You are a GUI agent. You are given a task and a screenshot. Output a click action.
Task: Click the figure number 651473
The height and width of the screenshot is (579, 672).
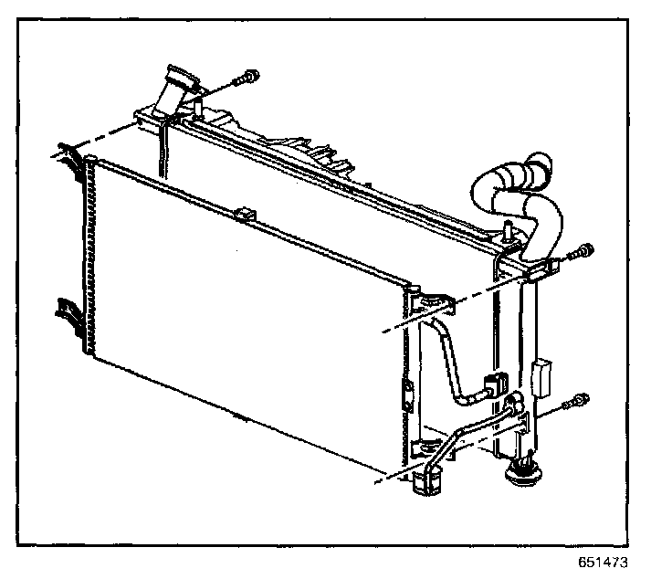click(603, 563)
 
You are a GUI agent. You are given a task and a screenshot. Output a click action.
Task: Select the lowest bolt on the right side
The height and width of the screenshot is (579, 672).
click(577, 401)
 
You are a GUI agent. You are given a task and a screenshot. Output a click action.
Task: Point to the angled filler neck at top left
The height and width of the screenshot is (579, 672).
click(174, 90)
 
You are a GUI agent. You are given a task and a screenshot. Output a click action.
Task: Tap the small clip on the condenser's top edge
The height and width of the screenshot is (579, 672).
click(244, 216)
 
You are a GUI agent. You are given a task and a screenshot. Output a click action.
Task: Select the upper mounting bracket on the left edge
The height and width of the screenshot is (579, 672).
click(66, 155)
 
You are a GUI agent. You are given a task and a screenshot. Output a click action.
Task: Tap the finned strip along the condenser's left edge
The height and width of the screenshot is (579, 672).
click(89, 256)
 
